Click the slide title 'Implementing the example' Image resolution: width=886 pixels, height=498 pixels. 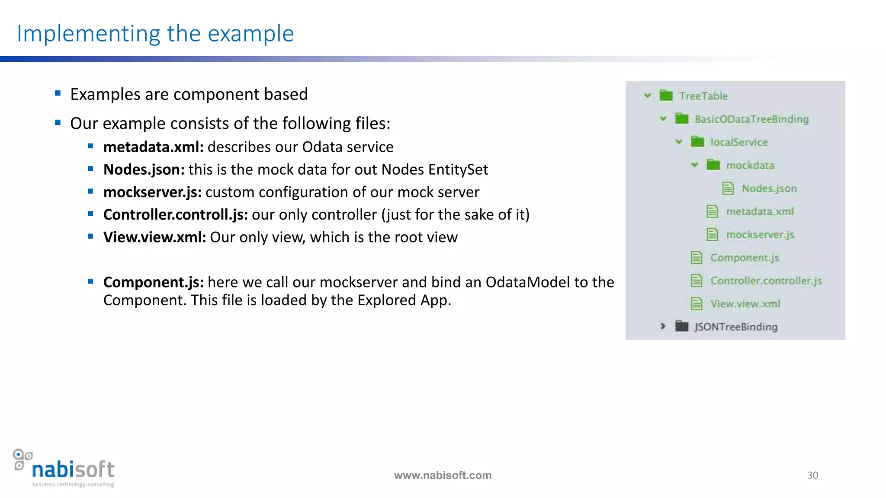pos(155,34)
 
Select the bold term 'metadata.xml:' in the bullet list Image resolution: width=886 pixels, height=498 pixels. pos(153,147)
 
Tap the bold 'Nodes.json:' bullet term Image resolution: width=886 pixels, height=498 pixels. pos(144,169)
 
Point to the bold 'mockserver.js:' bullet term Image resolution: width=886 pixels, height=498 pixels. pos(152,192)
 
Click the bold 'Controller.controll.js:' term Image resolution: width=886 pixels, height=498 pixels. pos(175,214)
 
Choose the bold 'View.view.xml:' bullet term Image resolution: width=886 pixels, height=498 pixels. pos(154,237)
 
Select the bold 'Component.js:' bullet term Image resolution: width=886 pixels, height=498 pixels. pos(153,282)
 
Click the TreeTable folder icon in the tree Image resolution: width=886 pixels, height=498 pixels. pos(666,96)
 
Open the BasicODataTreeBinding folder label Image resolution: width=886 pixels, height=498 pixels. pos(751,119)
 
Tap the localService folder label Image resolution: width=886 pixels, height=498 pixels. pos(739,142)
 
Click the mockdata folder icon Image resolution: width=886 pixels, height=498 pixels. pos(713,165)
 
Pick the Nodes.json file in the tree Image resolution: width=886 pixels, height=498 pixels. pos(769,188)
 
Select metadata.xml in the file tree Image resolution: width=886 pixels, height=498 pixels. pos(760,211)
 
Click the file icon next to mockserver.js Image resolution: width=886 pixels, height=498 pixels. pos(712,235)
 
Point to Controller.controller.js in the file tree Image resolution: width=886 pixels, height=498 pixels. pos(766,281)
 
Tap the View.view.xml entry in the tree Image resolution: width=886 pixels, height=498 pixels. pos(745,304)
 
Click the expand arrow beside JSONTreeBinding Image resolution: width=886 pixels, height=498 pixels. pos(663,326)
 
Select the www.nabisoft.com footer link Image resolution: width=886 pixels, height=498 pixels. pos(443,476)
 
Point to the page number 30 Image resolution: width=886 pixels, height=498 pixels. pos(812,476)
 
